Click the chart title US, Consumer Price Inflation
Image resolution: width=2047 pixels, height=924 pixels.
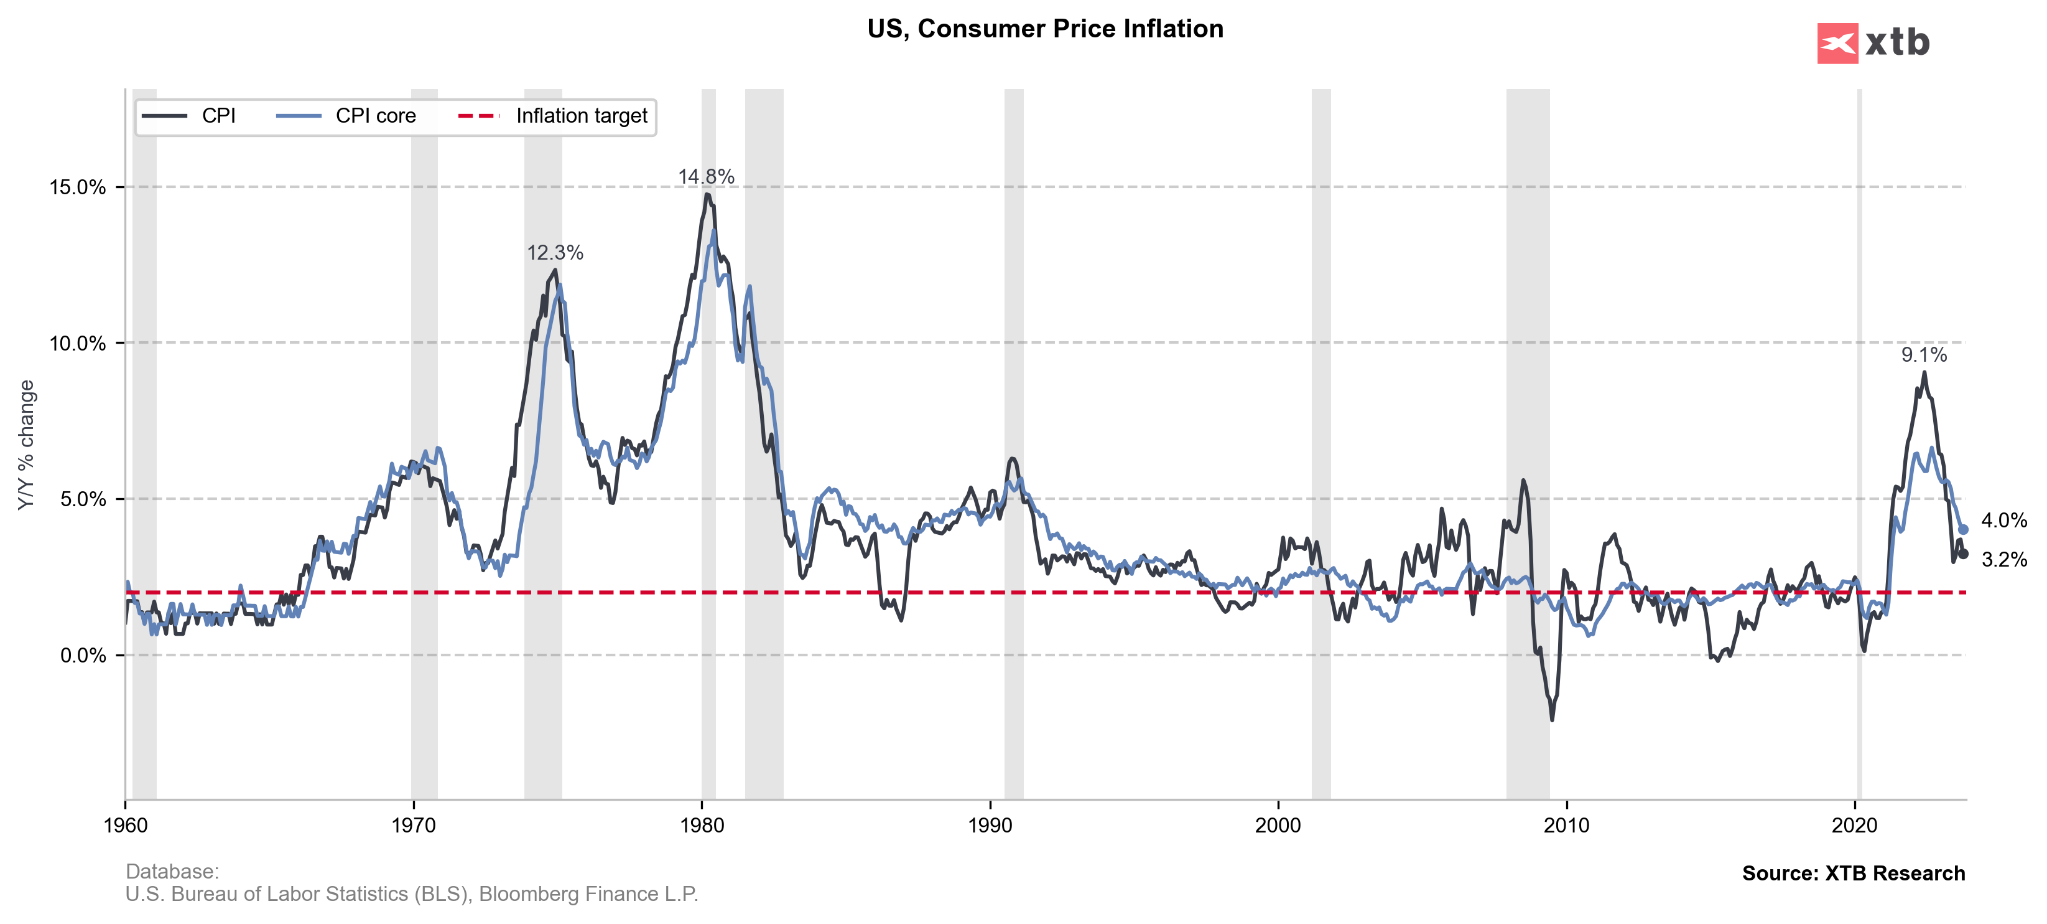[1044, 29]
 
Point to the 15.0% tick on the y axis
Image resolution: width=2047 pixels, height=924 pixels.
[78, 187]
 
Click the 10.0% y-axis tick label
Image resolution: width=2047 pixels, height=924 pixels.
[78, 344]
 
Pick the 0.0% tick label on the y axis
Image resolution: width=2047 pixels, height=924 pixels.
[83, 655]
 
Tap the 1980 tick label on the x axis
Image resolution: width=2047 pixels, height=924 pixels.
[702, 826]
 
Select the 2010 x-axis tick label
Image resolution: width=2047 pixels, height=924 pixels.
[1566, 826]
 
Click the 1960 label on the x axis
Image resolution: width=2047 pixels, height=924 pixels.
[126, 826]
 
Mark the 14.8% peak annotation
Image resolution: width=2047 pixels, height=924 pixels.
[705, 177]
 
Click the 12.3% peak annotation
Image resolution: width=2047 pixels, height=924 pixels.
[555, 253]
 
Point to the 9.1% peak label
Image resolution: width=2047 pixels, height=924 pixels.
[1923, 355]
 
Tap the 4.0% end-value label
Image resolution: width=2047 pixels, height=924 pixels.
[2003, 521]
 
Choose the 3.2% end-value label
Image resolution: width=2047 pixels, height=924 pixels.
[2003, 560]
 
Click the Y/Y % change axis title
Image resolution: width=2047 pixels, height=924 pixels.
[26, 445]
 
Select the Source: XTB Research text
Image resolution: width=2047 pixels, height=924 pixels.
[1852, 873]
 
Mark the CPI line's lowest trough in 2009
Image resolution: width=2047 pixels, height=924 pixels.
[1552, 720]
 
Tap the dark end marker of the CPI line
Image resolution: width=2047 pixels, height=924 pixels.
[1963, 554]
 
